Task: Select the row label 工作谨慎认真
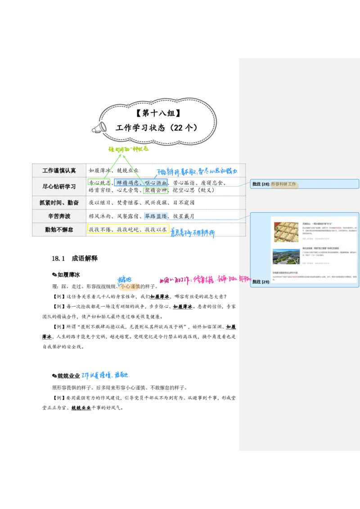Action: [x=59, y=170]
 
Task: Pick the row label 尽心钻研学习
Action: [x=59, y=186]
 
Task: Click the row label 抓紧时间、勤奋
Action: [x=59, y=203]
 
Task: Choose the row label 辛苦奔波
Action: [x=59, y=216]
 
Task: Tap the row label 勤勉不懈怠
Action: [x=59, y=229]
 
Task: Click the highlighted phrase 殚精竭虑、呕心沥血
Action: [x=142, y=183]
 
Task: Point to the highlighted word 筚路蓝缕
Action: [x=155, y=216]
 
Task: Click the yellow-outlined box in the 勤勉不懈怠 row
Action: [x=128, y=229]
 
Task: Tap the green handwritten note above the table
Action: [x=128, y=149]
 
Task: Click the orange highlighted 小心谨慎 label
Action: [x=130, y=286]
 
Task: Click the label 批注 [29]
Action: [x=261, y=282]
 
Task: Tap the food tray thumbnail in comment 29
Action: [x=286, y=232]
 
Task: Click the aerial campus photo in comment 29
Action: [x=286, y=256]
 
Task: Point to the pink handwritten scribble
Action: [x=202, y=279]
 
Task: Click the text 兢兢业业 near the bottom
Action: [x=81, y=408]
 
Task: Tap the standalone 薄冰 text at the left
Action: [x=47, y=336]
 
